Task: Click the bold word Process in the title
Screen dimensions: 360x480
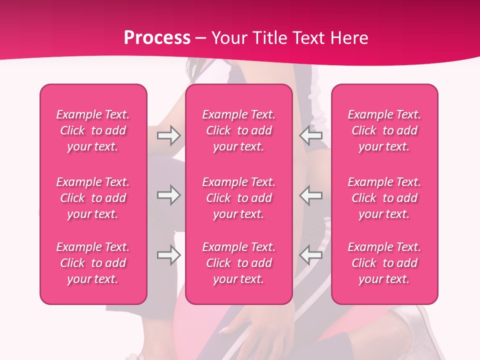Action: pyautogui.click(x=157, y=38)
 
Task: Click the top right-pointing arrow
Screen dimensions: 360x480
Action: pyautogui.click(x=168, y=135)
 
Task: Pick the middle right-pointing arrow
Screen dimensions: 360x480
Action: pyautogui.click(x=168, y=195)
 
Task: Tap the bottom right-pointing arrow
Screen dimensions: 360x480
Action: pyautogui.click(x=168, y=255)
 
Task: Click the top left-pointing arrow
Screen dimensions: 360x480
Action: pyautogui.click(x=311, y=135)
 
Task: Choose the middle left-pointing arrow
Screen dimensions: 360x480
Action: pyautogui.click(x=311, y=195)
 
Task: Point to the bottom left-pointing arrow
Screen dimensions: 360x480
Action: pyautogui.click(x=311, y=255)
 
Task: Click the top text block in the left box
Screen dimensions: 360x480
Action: pyautogui.click(x=93, y=130)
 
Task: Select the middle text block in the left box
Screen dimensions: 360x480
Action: pyautogui.click(x=93, y=198)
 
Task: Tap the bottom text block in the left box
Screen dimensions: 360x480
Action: pyautogui.click(x=93, y=263)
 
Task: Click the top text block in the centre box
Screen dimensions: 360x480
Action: pyautogui.click(x=239, y=130)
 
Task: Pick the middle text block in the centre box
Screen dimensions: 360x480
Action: pyautogui.click(x=239, y=198)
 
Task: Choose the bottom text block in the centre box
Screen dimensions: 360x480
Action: pyautogui.click(x=239, y=263)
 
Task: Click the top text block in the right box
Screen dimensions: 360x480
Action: pyautogui.click(x=384, y=130)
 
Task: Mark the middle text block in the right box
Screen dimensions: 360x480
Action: pyautogui.click(x=384, y=198)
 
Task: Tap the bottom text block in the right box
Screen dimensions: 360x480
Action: pyautogui.click(x=384, y=263)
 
